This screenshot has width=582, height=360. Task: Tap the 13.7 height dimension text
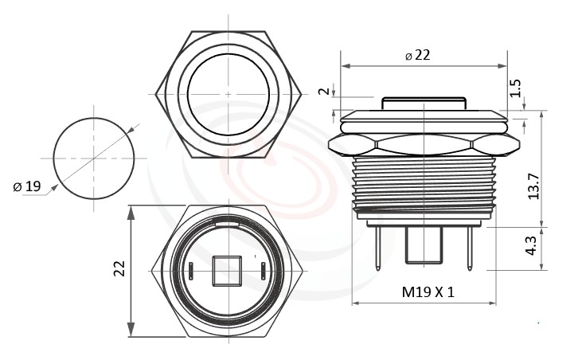534,186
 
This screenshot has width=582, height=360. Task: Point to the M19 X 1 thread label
428,292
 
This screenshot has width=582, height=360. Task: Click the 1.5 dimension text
515,88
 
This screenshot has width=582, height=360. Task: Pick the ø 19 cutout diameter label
27,186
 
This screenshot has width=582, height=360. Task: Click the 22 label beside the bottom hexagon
120,268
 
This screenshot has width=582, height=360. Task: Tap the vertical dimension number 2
323,91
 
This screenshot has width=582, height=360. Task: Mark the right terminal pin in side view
470,247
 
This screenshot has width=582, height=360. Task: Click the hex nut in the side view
423,144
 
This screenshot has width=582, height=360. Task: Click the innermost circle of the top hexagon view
229,93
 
